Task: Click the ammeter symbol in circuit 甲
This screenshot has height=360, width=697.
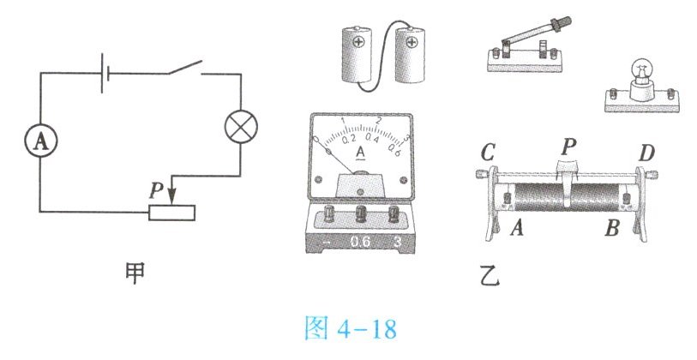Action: pyautogui.click(x=41, y=141)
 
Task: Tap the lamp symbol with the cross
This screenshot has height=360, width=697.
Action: pyautogui.click(x=241, y=127)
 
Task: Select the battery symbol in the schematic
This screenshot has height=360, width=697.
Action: pyautogui.click(x=105, y=74)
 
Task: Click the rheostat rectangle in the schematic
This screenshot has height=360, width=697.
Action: pyautogui.click(x=171, y=213)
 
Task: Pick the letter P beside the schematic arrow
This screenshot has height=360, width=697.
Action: pyautogui.click(x=156, y=190)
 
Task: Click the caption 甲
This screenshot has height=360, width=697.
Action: pyautogui.click(x=135, y=273)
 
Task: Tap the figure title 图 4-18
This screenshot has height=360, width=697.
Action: pyautogui.click(x=351, y=329)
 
